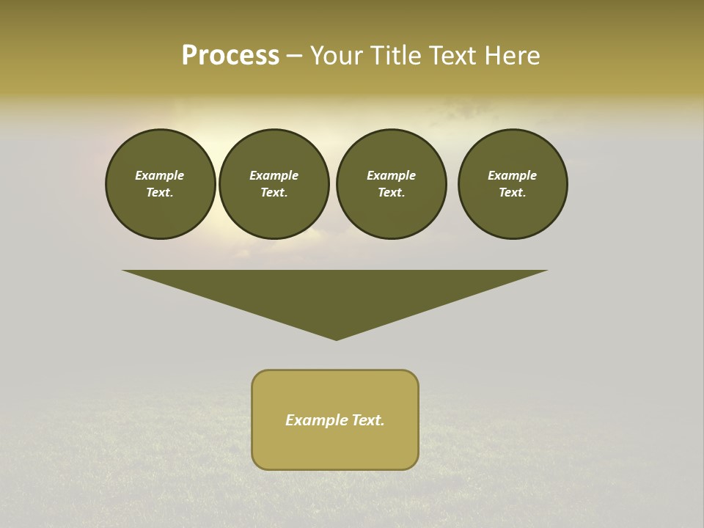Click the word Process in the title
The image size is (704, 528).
(x=230, y=56)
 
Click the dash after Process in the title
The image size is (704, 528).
(x=295, y=57)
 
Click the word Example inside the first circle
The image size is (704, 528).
(x=160, y=175)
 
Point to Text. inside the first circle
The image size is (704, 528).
(x=160, y=192)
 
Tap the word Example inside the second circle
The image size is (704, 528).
(x=274, y=175)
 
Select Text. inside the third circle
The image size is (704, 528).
(x=391, y=192)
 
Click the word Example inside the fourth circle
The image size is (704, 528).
(x=512, y=175)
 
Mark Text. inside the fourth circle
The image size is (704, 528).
(x=512, y=192)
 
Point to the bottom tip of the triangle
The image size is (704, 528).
(x=336, y=338)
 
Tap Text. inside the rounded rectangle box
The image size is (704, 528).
(x=367, y=420)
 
